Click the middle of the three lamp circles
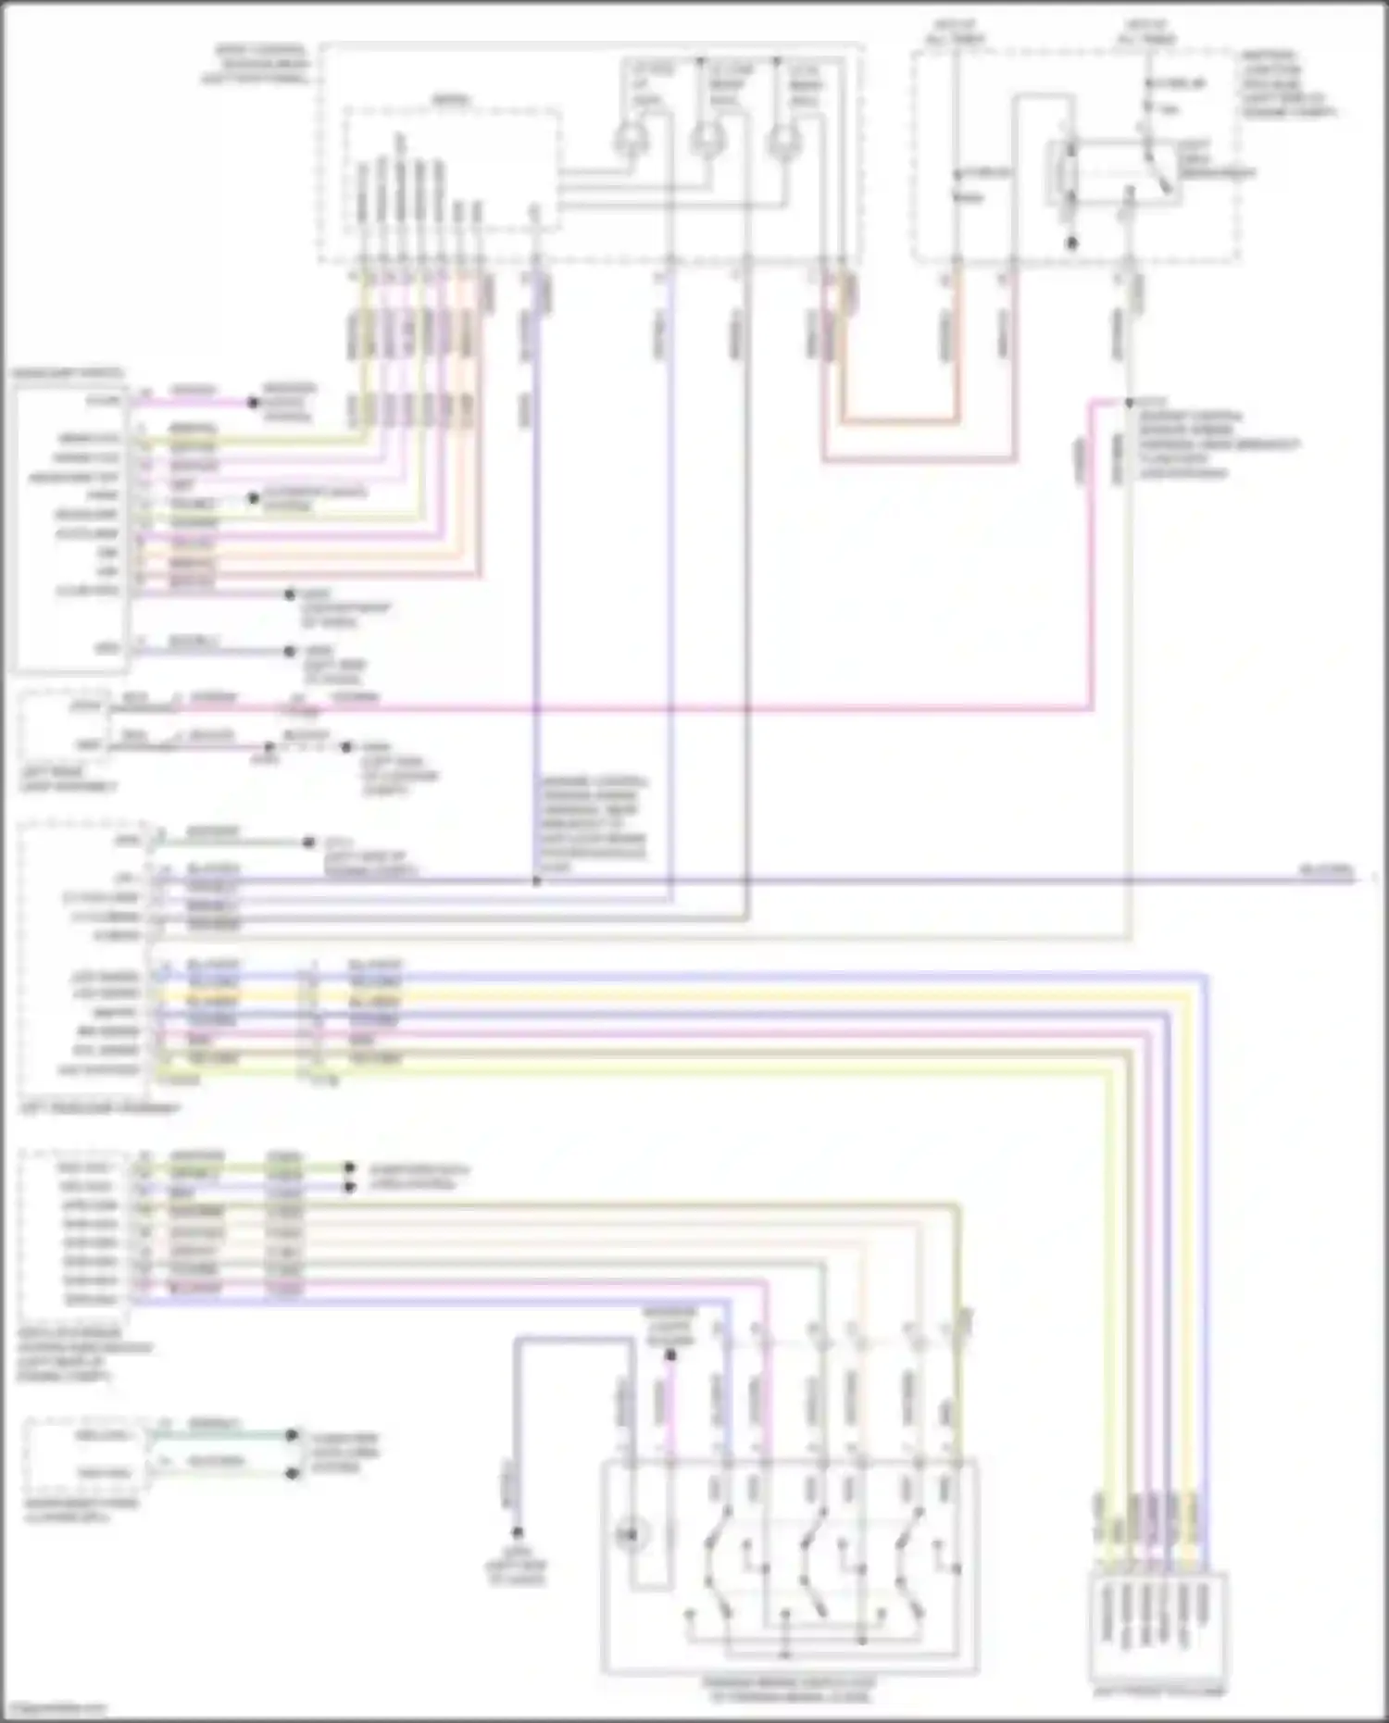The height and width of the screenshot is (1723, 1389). coord(707,141)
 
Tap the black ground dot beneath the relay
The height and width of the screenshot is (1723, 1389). coord(1071,243)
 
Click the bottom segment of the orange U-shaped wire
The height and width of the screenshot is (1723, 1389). coord(899,422)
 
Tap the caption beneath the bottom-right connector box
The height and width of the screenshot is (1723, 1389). coord(1158,1692)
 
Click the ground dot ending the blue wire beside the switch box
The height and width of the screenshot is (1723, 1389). coord(517,1532)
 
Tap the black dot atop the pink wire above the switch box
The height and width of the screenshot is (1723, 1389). coord(670,1355)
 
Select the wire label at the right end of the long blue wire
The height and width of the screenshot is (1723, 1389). coord(1326,871)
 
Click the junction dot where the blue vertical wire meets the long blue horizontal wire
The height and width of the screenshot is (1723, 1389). coord(536,880)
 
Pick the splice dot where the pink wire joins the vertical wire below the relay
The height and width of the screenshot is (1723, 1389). coord(1129,403)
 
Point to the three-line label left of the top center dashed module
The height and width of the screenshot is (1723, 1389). coord(255,64)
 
